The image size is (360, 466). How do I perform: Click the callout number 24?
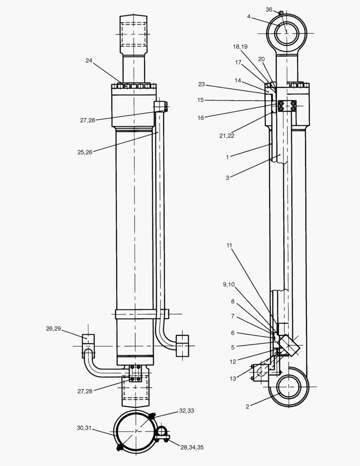(88, 61)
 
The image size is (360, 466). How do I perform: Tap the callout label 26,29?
(54, 329)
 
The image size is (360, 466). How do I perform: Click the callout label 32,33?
(186, 411)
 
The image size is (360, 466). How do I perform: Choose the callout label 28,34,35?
(192, 447)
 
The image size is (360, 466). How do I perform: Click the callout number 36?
(269, 9)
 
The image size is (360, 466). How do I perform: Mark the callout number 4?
(249, 17)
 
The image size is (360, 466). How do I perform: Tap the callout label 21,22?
(228, 136)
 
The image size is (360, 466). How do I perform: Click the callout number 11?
(229, 246)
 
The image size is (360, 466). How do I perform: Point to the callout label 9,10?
(229, 284)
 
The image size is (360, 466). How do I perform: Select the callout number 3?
(227, 177)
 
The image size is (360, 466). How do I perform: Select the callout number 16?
(200, 118)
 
